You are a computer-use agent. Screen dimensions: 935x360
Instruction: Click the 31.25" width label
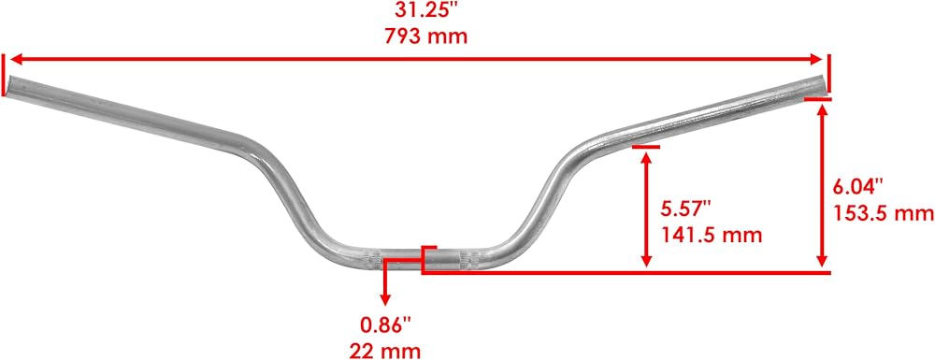pyautogui.click(x=424, y=10)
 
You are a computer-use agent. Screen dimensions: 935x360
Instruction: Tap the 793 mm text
pyautogui.click(x=425, y=36)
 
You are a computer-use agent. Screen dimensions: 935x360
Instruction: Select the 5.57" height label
pyautogui.click(x=686, y=209)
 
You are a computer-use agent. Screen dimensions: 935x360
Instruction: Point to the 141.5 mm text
pyautogui.click(x=712, y=235)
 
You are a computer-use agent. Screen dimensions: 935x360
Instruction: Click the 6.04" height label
pyautogui.click(x=856, y=187)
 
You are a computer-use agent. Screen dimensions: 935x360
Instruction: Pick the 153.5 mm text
pyautogui.click(x=884, y=213)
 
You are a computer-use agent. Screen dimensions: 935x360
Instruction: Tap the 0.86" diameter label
pyautogui.click(x=385, y=324)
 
